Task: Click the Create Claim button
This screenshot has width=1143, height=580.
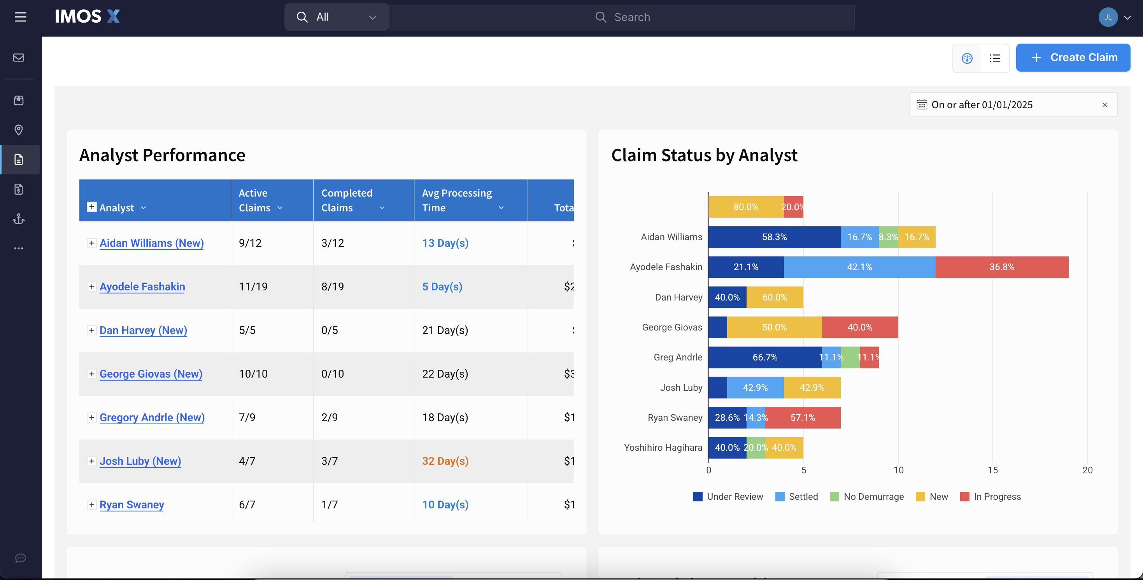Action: coord(1073,58)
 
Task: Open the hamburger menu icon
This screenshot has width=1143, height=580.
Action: coord(20,17)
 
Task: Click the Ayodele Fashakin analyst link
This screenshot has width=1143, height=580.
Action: coord(142,287)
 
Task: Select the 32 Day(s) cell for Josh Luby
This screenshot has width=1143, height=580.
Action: coord(445,461)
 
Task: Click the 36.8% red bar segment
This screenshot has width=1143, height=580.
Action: coord(1001,267)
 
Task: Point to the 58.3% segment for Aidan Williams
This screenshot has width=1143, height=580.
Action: coord(774,237)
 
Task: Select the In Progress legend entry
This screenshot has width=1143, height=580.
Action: coord(990,497)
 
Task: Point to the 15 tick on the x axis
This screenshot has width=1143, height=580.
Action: coord(992,470)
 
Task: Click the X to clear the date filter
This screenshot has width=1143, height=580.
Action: coord(1104,105)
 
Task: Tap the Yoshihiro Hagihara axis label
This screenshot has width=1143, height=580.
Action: coord(663,448)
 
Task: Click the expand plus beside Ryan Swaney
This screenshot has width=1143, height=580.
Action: coord(91,504)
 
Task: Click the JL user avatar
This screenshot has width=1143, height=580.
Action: coord(1108,17)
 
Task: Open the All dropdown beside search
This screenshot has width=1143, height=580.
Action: coord(337,17)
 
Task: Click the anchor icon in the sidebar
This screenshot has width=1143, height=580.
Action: coord(19,219)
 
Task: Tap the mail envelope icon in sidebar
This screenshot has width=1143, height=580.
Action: coord(19,58)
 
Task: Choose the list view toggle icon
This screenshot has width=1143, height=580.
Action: coord(995,58)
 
